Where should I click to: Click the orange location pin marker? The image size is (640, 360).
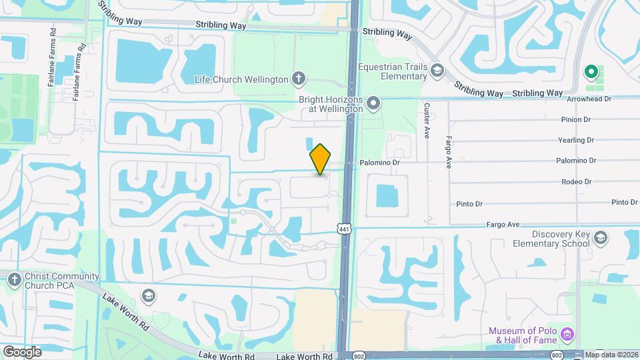[x=321, y=159]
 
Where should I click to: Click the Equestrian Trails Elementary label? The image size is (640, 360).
[x=392, y=71]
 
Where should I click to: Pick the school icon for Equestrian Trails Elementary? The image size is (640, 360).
[x=437, y=70]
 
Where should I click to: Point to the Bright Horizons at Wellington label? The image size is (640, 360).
[x=331, y=104]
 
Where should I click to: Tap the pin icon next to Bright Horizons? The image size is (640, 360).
[x=374, y=103]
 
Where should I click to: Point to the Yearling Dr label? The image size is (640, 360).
[x=575, y=141]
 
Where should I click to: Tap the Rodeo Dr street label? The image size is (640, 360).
[x=577, y=181]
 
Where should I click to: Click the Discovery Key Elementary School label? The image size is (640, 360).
[x=561, y=239]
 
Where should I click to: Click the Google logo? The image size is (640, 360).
[x=22, y=351]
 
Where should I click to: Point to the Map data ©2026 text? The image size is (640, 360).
[x=611, y=355]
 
